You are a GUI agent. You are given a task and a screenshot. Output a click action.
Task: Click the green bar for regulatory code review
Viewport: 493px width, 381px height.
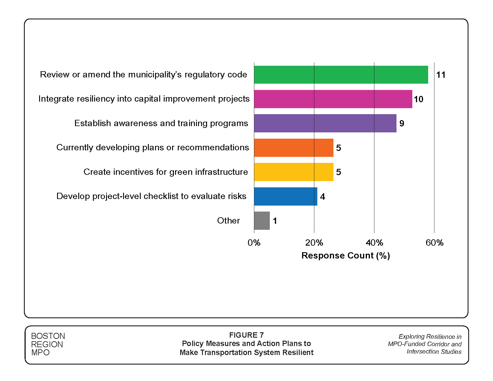[341, 75]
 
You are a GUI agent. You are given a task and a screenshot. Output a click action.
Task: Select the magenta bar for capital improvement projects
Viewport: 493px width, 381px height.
[333, 99]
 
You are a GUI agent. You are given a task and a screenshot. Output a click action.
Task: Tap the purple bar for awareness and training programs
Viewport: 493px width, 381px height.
[325, 123]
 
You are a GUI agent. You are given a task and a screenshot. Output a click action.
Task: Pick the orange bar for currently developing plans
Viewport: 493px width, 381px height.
[294, 148]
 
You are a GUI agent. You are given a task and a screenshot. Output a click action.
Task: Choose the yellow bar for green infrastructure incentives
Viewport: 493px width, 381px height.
[294, 172]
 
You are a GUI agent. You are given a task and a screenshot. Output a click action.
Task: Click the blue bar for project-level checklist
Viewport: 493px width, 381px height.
[286, 196]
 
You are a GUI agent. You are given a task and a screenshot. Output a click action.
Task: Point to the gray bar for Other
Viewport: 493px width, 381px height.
[262, 221]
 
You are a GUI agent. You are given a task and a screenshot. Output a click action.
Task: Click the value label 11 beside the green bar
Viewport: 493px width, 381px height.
[441, 75]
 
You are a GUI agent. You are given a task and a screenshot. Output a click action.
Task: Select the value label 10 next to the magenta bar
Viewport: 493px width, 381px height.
[418, 99]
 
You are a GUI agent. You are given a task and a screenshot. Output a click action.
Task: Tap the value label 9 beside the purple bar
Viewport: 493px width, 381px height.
[402, 123]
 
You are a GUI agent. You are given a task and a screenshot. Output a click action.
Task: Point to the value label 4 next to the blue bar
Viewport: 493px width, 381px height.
[322, 197]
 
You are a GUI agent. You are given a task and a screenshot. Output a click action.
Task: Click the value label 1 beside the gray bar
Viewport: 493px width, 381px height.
[275, 221]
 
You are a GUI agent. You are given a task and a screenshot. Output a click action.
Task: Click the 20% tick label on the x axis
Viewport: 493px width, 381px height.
[314, 243]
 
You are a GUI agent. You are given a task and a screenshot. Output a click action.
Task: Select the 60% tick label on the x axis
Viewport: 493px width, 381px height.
[434, 243]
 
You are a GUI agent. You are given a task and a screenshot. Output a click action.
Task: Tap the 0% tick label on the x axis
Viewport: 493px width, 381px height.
[254, 243]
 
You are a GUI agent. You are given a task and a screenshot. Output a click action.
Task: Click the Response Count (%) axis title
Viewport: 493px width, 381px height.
[346, 255]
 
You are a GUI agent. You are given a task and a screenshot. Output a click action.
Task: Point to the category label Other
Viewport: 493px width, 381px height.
[228, 221]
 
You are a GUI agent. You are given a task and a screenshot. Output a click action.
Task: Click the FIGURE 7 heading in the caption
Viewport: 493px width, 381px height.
[246, 335]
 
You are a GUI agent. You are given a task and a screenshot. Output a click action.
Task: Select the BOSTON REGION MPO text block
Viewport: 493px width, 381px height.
[48, 344]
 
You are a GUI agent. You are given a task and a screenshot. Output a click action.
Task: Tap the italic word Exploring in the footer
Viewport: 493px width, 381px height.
[411, 336]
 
